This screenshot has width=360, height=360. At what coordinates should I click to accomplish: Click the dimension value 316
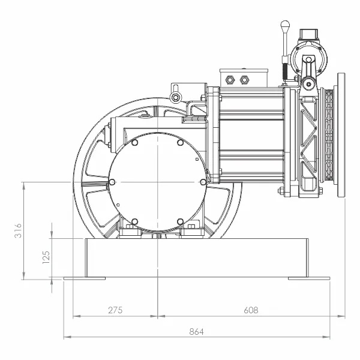18,230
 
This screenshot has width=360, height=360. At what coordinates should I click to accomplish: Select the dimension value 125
46,257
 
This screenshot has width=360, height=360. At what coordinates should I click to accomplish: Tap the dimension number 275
115,310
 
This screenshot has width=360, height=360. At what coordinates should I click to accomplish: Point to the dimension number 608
251,310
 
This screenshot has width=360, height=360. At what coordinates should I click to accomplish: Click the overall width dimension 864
197,332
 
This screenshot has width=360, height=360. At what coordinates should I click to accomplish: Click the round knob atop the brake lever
285,25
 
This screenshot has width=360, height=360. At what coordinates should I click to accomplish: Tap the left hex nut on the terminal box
229,80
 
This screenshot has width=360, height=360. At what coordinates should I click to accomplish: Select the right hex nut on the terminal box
244,80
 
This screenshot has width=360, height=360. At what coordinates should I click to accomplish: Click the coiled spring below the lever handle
286,71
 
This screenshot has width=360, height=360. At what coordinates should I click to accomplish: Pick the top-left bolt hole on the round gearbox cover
135,143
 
